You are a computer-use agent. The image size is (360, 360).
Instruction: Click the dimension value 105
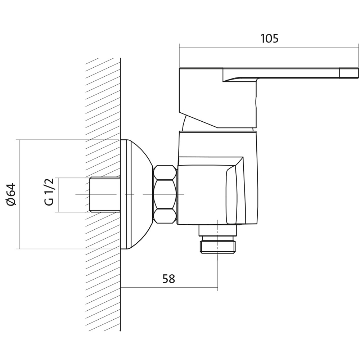click(270, 39)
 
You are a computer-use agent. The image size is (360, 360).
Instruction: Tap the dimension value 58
click(169, 279)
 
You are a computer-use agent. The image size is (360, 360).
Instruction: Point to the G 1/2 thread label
click(49, 192)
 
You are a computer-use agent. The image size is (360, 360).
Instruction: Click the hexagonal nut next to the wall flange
click(165, 194)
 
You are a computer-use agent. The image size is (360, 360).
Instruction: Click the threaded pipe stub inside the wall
click(105, 194)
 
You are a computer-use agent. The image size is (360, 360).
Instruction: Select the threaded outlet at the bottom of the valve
click(218, 247)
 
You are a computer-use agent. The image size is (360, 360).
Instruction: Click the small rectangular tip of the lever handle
click(349, 73)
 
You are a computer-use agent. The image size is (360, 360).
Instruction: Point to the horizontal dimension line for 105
click(269, 48)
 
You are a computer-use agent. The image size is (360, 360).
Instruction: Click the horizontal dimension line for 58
click(169, 287)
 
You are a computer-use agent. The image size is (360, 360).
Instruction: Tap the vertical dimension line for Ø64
click(19, 194)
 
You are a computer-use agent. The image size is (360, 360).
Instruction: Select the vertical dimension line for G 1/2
click(59, 195)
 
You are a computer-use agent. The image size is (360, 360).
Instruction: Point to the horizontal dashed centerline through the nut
click(130, 194)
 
